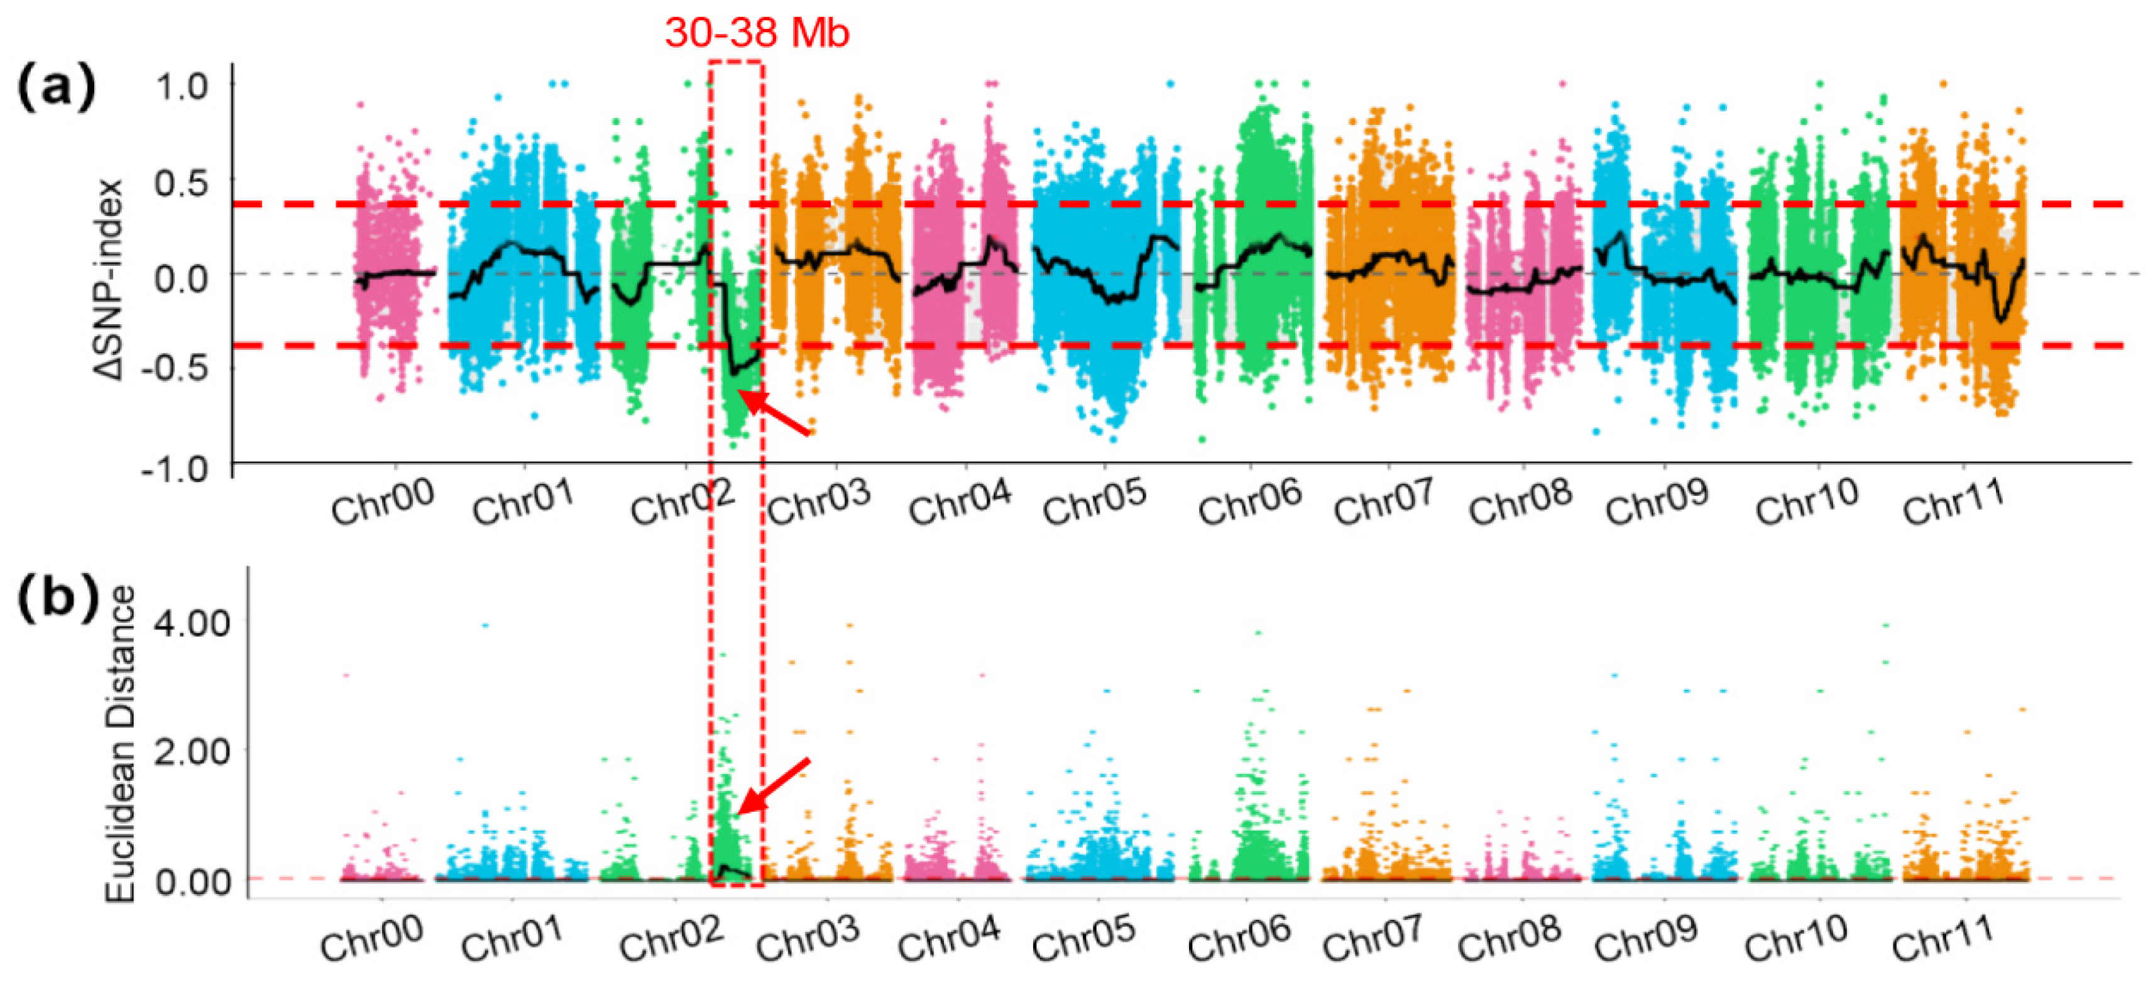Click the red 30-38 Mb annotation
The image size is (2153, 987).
pos(757,33)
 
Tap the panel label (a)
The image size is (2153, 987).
pos(56,87)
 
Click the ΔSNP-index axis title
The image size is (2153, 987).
pos(109,280)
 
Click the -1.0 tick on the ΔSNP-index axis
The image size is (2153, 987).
pos(175,469)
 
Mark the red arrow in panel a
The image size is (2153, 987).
pos(775,413)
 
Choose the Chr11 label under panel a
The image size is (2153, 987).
pos(1954,501)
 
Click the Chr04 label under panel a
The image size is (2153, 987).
pos(960,501)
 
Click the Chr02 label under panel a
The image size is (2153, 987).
pos(682,501)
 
